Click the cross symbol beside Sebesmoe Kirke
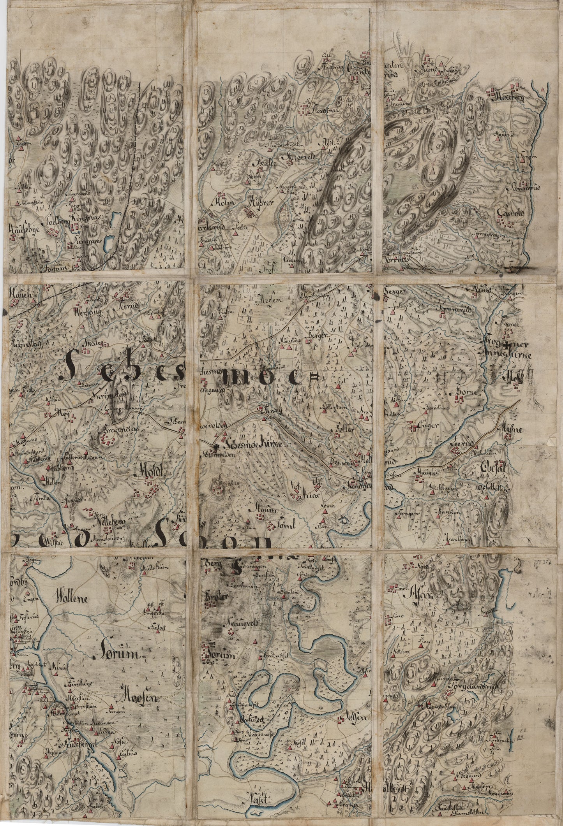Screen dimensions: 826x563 click(217, 445)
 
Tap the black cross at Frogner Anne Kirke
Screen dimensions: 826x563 click(506, 345)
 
